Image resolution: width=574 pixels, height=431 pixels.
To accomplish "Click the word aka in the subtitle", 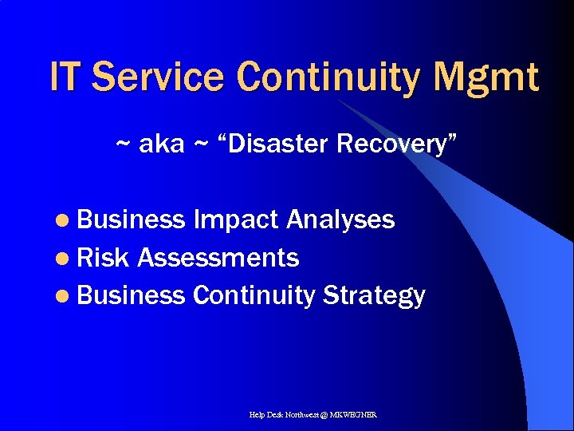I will click(162, 144).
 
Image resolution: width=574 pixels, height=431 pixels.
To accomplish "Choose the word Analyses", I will click(340, 219).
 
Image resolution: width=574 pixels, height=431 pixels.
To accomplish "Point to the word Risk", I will click(104, 258).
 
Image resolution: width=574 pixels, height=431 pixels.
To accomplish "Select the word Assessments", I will click(218, 258).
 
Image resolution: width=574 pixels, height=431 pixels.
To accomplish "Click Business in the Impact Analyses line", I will click(132, 219).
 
